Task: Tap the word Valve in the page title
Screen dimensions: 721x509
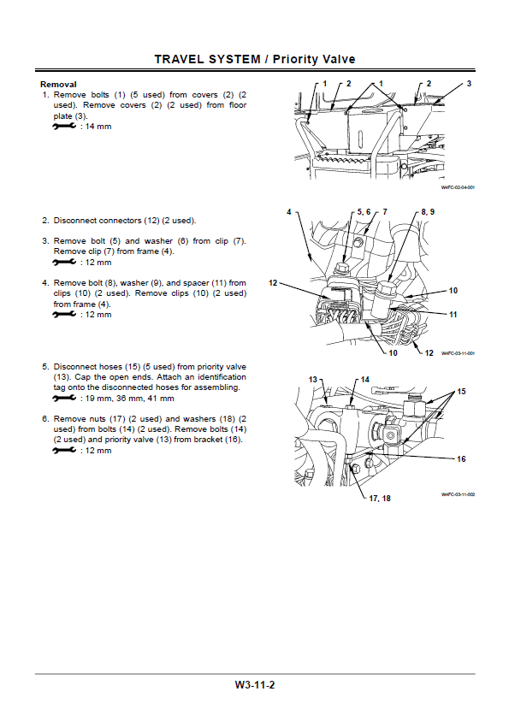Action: (x=337, y=59)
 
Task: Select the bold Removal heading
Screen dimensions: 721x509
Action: (x=58, y=85)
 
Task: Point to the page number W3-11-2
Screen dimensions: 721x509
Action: (x=254, y=685)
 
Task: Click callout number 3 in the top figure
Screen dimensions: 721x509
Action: (x=469, y=83)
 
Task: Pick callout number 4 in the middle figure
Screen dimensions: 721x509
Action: (x=289, y=210)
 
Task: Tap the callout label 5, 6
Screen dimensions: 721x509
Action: (x=362, y=210)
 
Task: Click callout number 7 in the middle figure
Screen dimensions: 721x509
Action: (x=385, y=210)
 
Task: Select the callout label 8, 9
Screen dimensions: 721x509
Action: (x=428, y=210)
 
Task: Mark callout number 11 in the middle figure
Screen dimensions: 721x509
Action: (x=453, y=314)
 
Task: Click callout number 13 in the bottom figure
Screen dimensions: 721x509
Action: (x=313, y=378)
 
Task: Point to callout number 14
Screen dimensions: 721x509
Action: (x=364, y=379)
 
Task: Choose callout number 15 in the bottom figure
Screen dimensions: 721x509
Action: (x=461, y=391)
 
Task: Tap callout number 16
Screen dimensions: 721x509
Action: (x=461, y=459)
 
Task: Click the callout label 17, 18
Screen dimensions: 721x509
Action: (x=379, y=498)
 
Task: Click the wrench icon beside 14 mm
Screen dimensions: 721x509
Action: (x=63, y=127)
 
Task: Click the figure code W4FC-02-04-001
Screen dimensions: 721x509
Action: (x=458, y=187)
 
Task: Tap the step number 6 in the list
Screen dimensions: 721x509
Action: (x=45, y=419)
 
